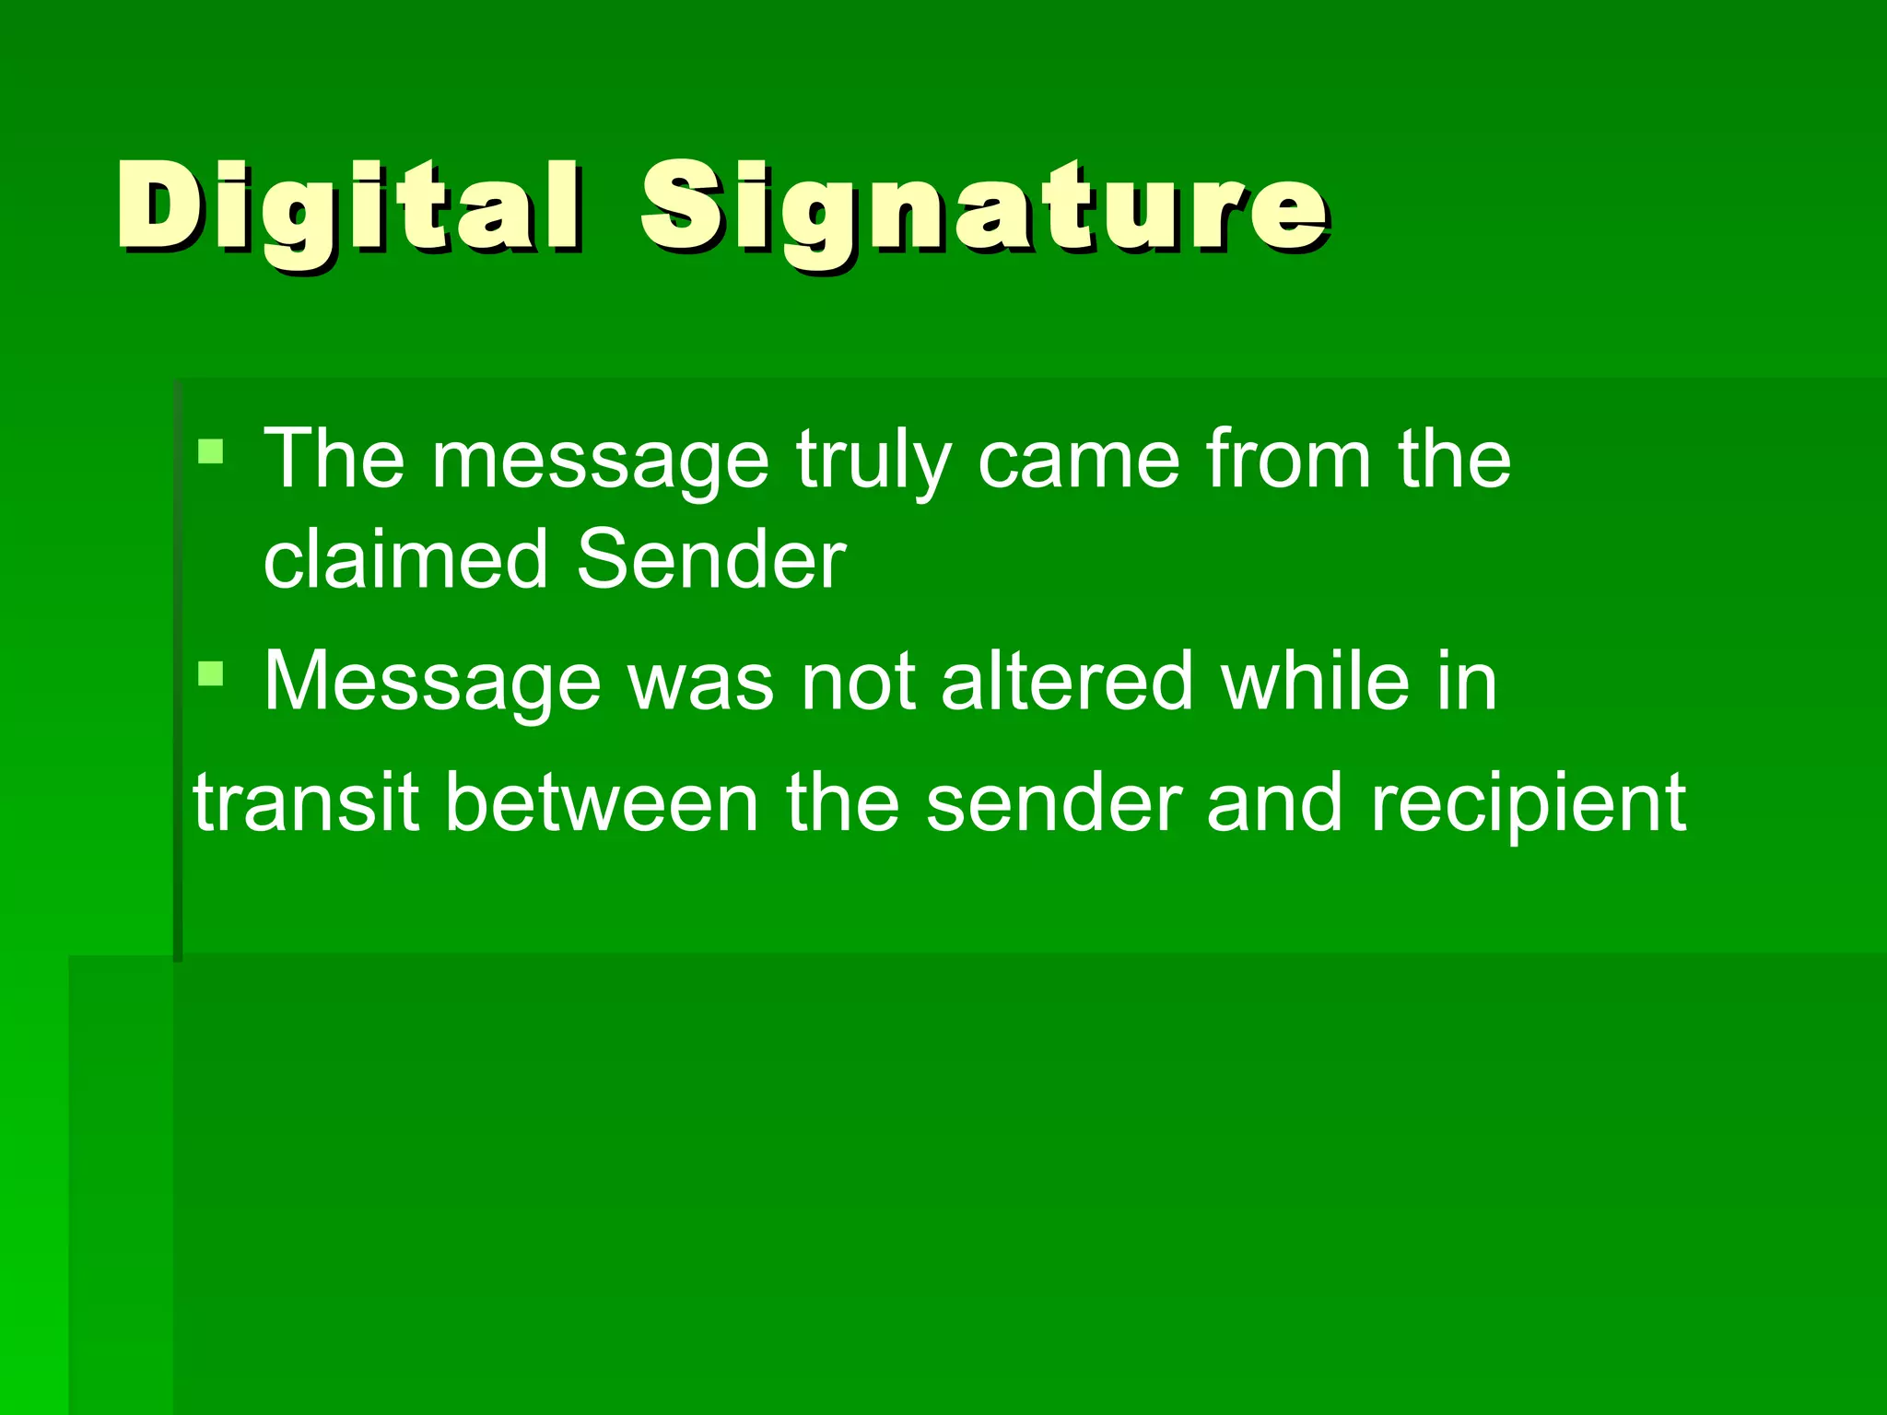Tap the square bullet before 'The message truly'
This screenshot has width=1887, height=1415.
click(x=211, y=451)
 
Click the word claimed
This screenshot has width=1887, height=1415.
click(x=406, y=559)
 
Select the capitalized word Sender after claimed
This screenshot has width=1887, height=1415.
click(x=710, y=559)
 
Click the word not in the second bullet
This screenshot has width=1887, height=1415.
click(x=859, y=682)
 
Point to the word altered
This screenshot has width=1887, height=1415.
click(x=1067, y=682)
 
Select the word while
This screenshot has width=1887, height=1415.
click(x=1312, y=682)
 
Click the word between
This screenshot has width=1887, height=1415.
click(x=602, y=802)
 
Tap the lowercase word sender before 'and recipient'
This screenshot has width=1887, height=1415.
click(x=1053, y=802)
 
